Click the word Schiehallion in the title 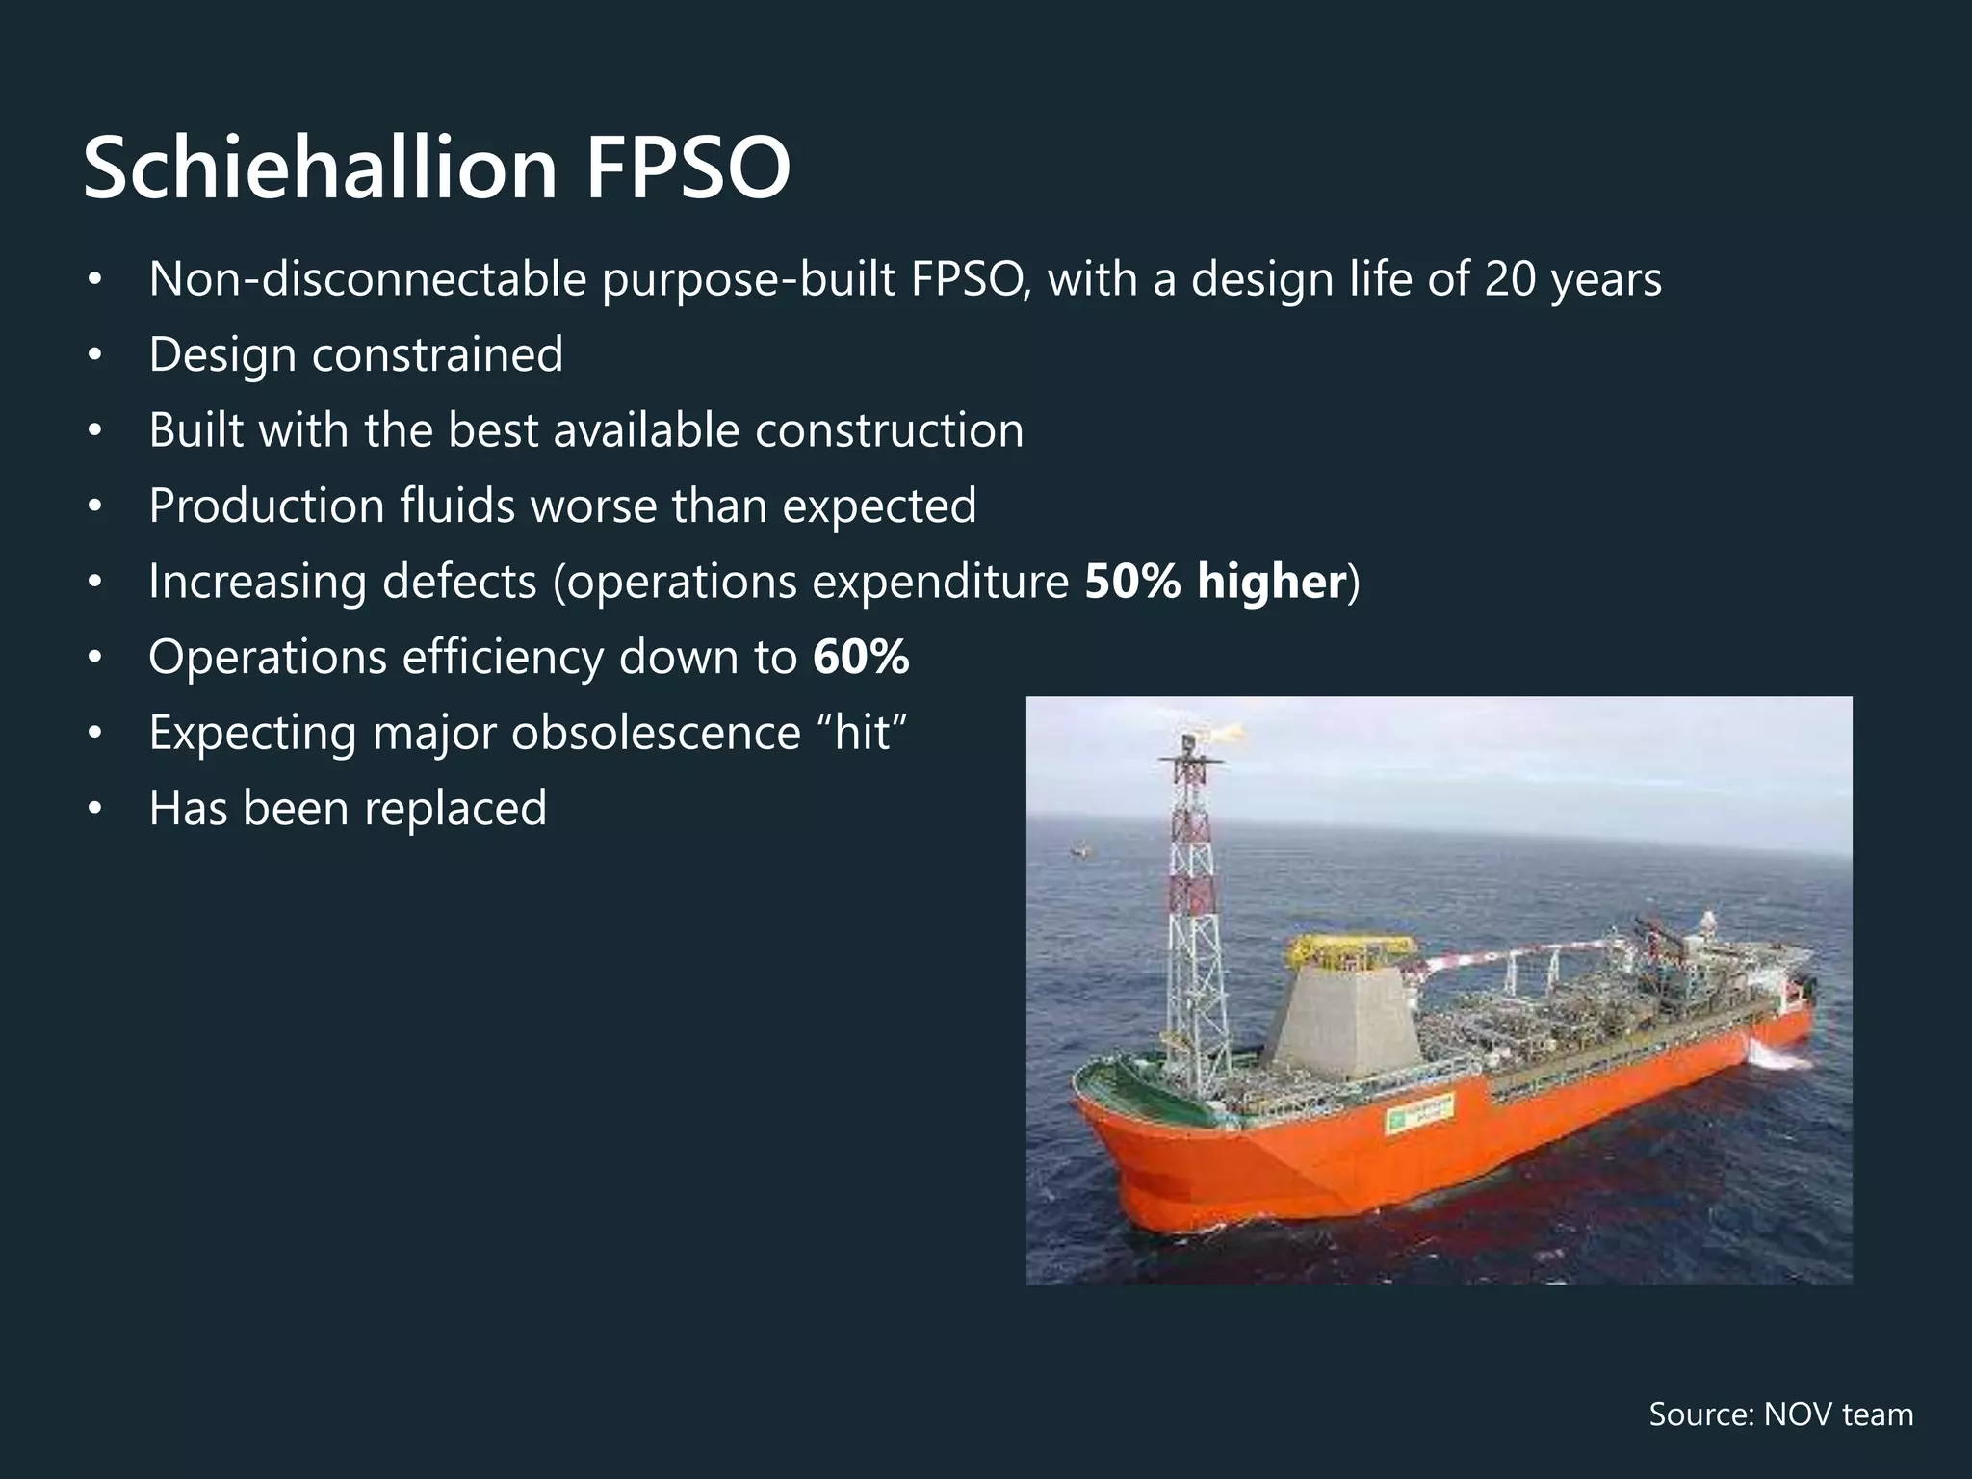(x=321, y=168)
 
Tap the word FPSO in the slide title (x=688, y=168)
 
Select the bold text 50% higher (x=1214, y=581)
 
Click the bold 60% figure (x=861, y=657)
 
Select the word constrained (x=437, y=354)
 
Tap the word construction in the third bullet (x=889, y=429)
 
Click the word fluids (x=457, y=506)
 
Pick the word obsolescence (x=655, y=732)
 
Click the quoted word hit (x=862, y=732)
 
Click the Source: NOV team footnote (x=1780, y=1414)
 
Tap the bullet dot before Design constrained (x=93, y=355)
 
